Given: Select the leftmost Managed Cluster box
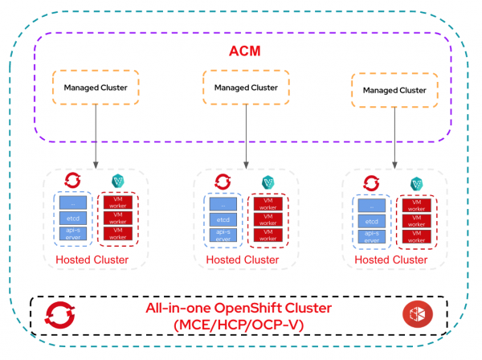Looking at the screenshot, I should (96, 88).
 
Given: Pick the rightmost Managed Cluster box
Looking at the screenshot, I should (394, 91).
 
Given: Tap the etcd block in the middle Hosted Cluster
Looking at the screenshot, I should (223, 219).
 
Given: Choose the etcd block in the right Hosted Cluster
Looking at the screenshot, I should (371, 221).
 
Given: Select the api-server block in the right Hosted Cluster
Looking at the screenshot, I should (371, 237).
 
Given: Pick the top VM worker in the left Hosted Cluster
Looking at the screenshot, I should (119, 202).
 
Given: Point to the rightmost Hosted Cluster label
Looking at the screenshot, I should (391, 260).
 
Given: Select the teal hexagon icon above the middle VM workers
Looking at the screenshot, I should (268, 183).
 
